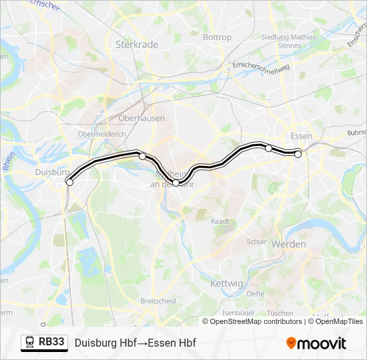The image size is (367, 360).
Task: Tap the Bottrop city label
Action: click(x=217, y=37)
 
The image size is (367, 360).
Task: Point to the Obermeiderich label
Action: click(x=101, y=134)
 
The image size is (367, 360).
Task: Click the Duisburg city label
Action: click(x=47, y=171)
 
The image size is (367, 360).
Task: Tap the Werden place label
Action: click(x=288, y=244)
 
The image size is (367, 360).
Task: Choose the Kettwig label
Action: click(x=226, y=283)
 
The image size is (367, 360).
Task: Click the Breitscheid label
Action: click(x=158, y=301)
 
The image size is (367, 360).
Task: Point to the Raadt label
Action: click(x=220, y=221)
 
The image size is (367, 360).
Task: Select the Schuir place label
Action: click(x=256, y=241)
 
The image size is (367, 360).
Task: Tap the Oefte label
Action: click(x=255, y=293)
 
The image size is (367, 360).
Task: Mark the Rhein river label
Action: click(x=9, y=161)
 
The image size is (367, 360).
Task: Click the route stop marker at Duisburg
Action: click(x=69, y=182)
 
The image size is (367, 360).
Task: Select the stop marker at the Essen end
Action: click(x=298, y=155)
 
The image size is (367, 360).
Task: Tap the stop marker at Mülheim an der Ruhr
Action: click(x=176, y=183)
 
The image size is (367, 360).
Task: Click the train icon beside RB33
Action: click(x=30, y=343)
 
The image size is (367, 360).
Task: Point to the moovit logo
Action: click(x=316, y=343)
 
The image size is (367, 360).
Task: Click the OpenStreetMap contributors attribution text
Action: click(x=256, y=321)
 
